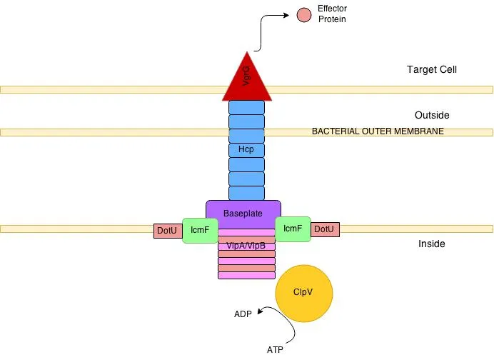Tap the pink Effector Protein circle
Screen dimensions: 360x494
[x=304, y=14]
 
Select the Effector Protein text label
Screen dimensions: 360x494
[x=332, y=14]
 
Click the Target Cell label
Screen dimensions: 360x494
[x=431, y=70]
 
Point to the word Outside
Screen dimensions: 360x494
[x=432, y=115]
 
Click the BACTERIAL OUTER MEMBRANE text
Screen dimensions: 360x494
[x=378, y=131]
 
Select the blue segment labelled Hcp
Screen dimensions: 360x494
[x=246, y=150]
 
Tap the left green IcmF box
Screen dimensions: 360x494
[x=200, y=230]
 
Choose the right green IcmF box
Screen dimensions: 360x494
[x=293, y=229]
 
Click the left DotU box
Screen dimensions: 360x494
[x=167, y=231]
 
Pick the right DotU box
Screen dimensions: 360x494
[x=325, y=229]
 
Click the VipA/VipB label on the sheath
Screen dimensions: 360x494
[x=246, y=246]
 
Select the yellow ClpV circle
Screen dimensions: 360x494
[x=304, y=292]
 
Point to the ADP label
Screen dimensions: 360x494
[x=243, y=314]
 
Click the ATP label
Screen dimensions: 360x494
[x=275, y=350]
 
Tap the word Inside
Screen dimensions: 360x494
[x=431, y=244]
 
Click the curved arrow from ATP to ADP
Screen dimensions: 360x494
[x=289, y=325]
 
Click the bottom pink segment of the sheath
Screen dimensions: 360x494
[x=246, y=276]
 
